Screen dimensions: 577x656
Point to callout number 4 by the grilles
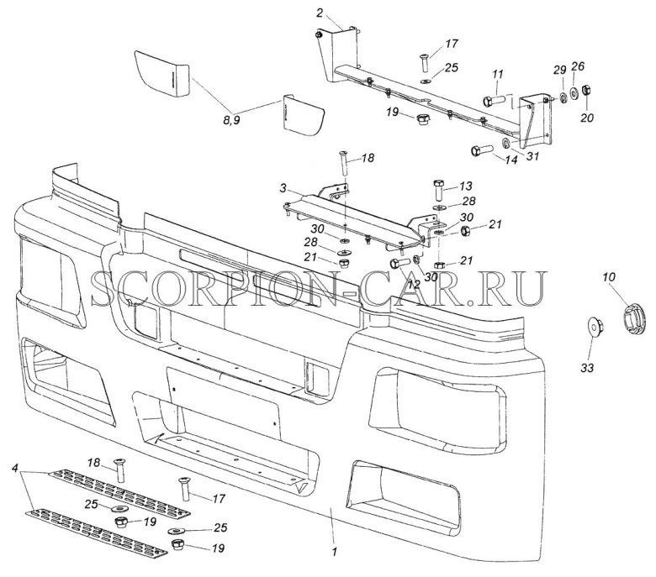click(14, 466)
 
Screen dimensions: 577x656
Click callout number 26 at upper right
click(577, 66)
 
